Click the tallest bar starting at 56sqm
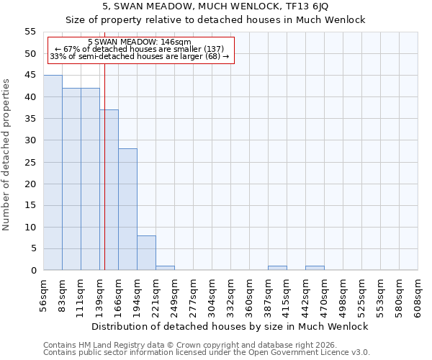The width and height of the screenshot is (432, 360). coord(53,173)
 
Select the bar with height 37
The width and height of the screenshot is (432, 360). coord(109,190)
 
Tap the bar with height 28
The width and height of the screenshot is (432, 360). coord(127,210)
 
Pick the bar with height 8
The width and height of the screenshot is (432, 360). coord(146,253)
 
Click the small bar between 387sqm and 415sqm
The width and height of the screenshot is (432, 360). coord(277,268)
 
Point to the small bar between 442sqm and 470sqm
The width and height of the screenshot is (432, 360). coord(315,268)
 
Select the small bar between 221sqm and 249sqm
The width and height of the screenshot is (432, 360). coord(165,268)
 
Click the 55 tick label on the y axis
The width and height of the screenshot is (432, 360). coord(30,32)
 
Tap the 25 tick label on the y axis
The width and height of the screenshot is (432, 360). coord(30,162)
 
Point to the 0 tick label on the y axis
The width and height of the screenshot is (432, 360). coord(33,270)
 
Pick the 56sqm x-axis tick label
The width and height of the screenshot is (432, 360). coord(44,296)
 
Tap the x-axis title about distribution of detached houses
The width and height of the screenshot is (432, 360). coord(230,326)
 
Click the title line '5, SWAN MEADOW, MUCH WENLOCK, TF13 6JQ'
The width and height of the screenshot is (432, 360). coord(216,6)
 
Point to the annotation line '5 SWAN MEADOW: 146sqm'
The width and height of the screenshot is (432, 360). coord(140,42)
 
